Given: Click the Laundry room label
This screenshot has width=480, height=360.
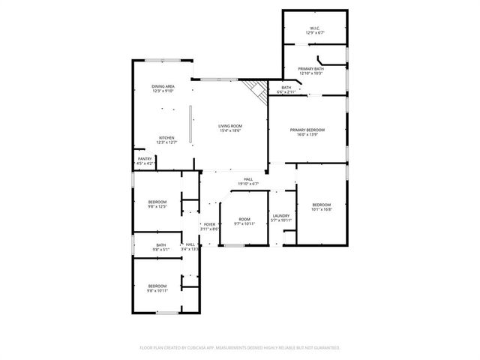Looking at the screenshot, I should point(281,217).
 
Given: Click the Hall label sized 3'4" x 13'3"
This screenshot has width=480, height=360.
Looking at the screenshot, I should point(190,246).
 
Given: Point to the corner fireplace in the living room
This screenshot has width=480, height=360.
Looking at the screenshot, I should point(258,90).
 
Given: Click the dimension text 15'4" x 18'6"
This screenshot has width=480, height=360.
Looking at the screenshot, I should point(230,131).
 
